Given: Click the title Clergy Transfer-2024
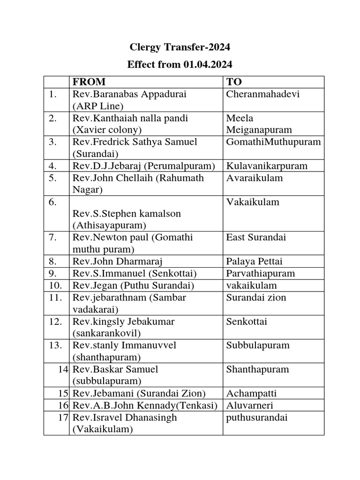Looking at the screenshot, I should [180, 47].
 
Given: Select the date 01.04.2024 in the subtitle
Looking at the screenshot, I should [207, 64].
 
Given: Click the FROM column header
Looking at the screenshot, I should [89, 82].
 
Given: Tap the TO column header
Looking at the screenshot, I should [234, 82].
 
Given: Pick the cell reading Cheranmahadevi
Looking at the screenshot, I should [262, 94].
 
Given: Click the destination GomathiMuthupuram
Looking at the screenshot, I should [274, 142].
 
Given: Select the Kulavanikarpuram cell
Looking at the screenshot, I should [267, 166].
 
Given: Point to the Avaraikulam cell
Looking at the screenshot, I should [255, 178].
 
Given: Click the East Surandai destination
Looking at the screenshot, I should [255, 238].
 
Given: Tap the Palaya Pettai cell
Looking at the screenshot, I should [255, 261].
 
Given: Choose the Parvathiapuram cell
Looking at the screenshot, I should [260, 273].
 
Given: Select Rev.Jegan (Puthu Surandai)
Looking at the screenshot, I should [133, 285].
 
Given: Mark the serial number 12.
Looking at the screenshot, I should [56, 322].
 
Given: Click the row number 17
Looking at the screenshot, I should [64, 417].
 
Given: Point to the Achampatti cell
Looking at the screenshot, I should [250, 393].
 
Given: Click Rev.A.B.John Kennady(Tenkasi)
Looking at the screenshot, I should [145, 405].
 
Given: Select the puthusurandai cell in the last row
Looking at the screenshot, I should [257, 417].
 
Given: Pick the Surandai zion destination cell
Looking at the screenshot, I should [256, 298].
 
